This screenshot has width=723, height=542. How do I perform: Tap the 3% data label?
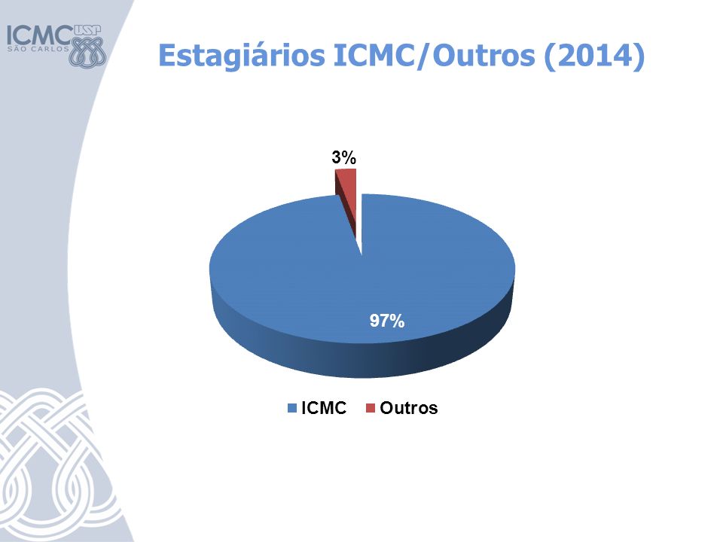[344, 158]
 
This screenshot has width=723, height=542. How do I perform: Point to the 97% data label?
[387, 321]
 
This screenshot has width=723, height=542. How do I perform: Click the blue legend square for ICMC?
[292, 408]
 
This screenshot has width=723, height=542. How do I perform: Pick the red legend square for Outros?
[371, 408]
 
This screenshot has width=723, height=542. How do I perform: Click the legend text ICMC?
[324, 408]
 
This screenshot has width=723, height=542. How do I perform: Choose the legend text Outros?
[408, 408]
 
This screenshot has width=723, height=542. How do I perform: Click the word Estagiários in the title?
[242, 56]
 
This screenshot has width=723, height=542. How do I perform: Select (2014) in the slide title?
[594, 56]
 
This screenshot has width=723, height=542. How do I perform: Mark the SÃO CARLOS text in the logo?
[38, 49]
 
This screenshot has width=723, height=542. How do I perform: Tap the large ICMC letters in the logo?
[40, 35]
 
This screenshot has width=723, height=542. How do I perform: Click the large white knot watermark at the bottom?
[55, 465]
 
